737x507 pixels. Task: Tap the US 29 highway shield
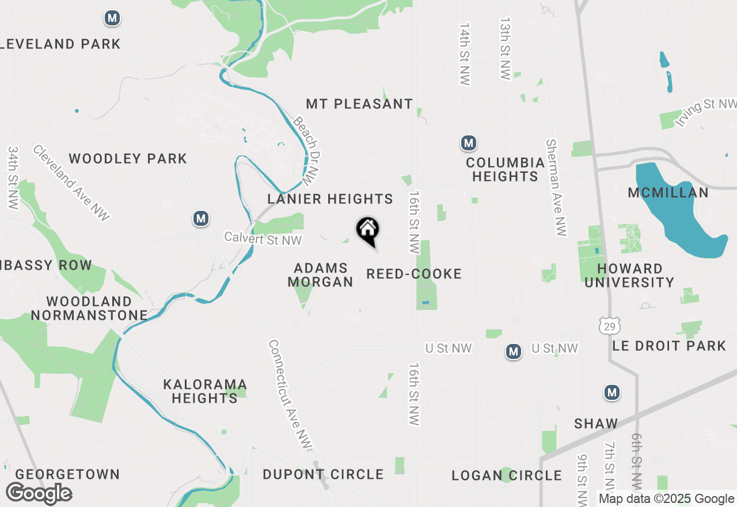pos(609,327)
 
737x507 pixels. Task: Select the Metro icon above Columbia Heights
pos(469,142)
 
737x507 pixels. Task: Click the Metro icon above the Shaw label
pos(612,393)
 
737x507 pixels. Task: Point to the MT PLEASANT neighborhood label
pos(359,104)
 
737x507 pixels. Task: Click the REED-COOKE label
pos(414,274)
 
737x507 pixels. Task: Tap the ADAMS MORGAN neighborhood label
pos(320,275)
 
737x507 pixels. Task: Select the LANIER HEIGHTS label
pos(330,199)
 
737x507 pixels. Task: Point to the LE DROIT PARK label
pos(668,346)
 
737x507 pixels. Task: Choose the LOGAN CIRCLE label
pos(507,475)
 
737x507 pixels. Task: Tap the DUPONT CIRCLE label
pos(323,475)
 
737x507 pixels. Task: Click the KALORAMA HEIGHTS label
pos(204,391)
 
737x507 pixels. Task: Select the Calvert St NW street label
pos(263,239)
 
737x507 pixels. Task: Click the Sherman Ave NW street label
pos(557,187)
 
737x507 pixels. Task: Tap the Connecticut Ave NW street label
pos(291,395)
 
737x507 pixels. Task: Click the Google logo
pos(39,494)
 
